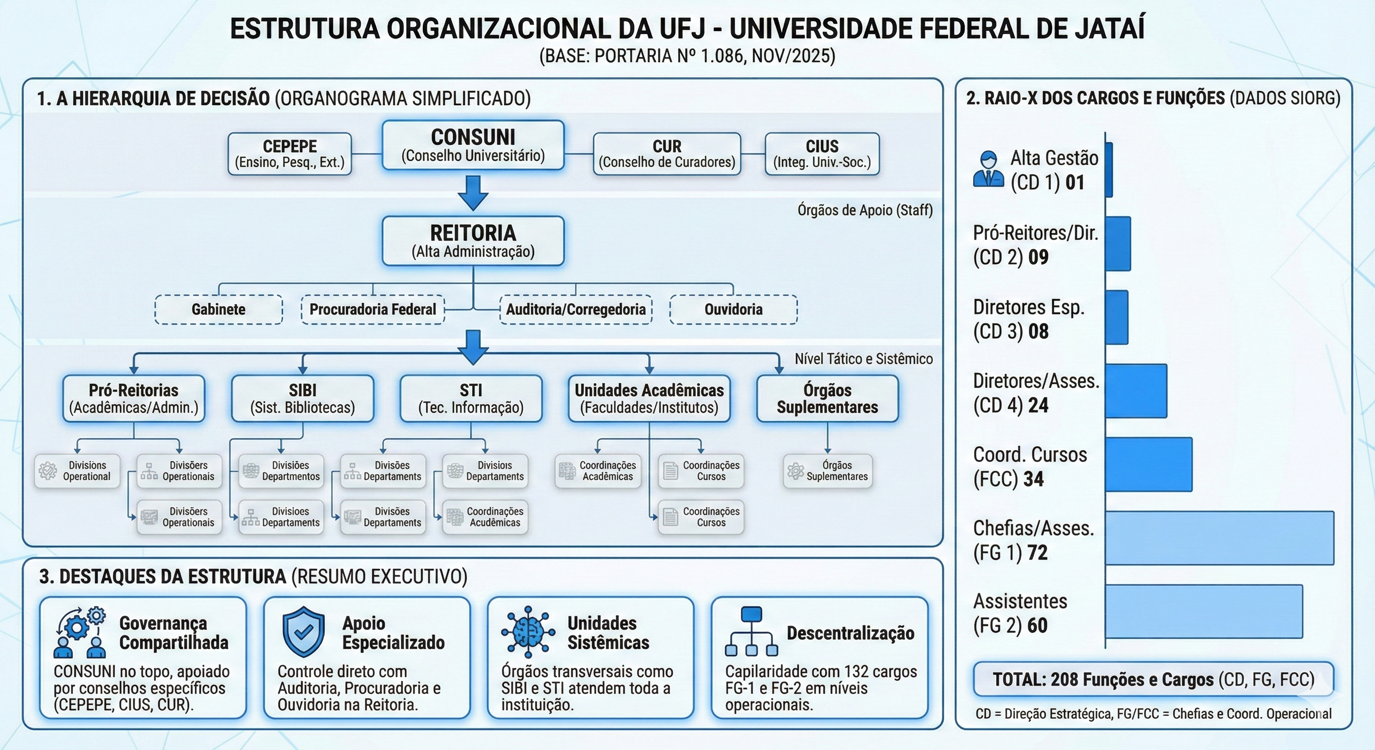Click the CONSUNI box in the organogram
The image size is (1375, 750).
click(x=473, y=145)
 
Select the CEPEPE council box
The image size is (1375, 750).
click(x=290, y=154)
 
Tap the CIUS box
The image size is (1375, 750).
click(x=822, y=154)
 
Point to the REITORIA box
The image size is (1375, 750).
click(x=473, y=241)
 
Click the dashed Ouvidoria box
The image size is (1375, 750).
click(x=733, y=310)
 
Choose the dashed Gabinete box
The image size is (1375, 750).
click(x=218, y=310)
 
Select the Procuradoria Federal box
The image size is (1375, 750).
click(x=373, y=310)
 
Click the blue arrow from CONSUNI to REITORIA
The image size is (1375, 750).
click(x=473, y=193)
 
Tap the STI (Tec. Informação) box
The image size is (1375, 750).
click(x=471, y=398)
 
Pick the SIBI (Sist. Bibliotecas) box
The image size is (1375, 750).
click(x=303, y=398)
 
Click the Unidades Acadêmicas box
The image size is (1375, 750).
click(x=649, y=398)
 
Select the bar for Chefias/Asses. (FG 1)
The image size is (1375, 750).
click(x=1219, y=538)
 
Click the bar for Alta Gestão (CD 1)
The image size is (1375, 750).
click(x=1109, y=170)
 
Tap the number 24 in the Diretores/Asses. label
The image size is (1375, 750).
click(x=1038, y=406)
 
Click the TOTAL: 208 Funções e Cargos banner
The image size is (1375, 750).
click(x=1153, y=680)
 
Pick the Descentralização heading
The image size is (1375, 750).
click(x=850, y=633)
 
